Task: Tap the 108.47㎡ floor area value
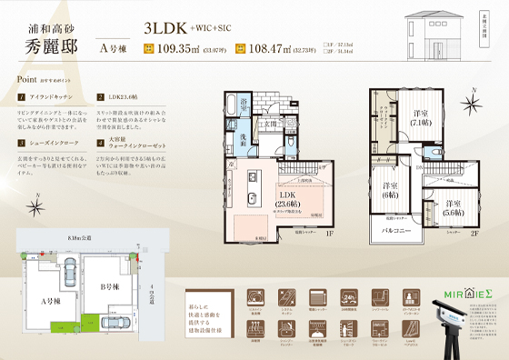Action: (x=274, y=49)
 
